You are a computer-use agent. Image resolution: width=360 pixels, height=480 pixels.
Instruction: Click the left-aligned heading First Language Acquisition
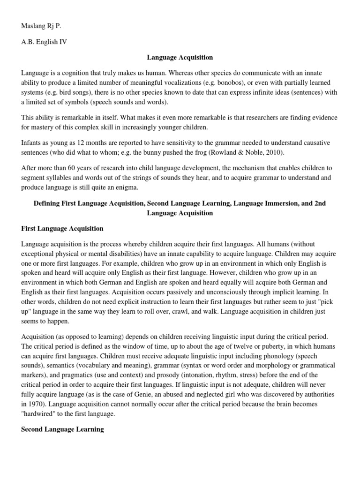(62, 229)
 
